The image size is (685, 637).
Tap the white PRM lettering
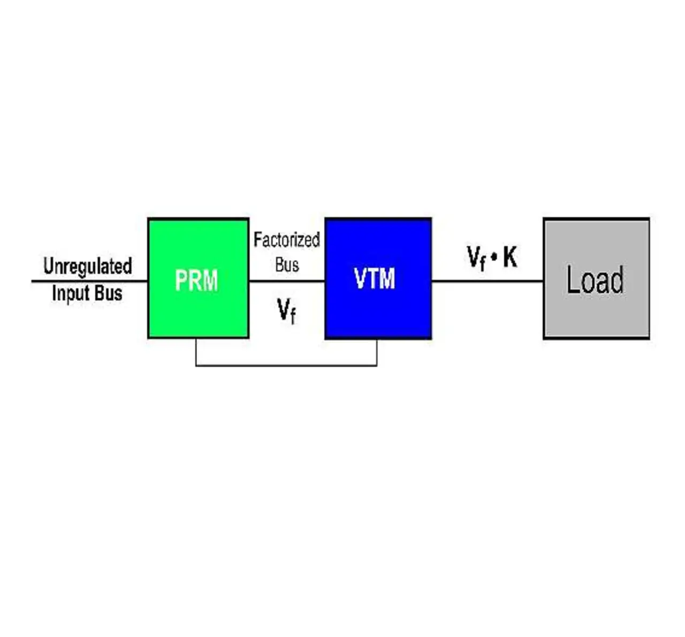[x=196, y=280]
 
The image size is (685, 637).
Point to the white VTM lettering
[x=375, y=279]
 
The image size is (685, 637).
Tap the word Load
[x=595, y=280]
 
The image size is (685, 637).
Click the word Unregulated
[x=87, y=266]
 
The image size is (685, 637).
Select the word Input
[x=70, y=293]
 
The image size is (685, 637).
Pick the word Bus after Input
[x=109, y=293]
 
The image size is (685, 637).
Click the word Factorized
[x=286, y=240]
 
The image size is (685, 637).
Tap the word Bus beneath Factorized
[x=287, y=264]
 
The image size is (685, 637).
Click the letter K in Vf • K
[x=510, y=257]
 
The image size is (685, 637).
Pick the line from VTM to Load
[x=487, y=281]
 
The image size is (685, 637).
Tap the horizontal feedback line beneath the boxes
[x=286, y=366]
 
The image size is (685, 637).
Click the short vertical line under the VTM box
[x=377, y=352]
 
